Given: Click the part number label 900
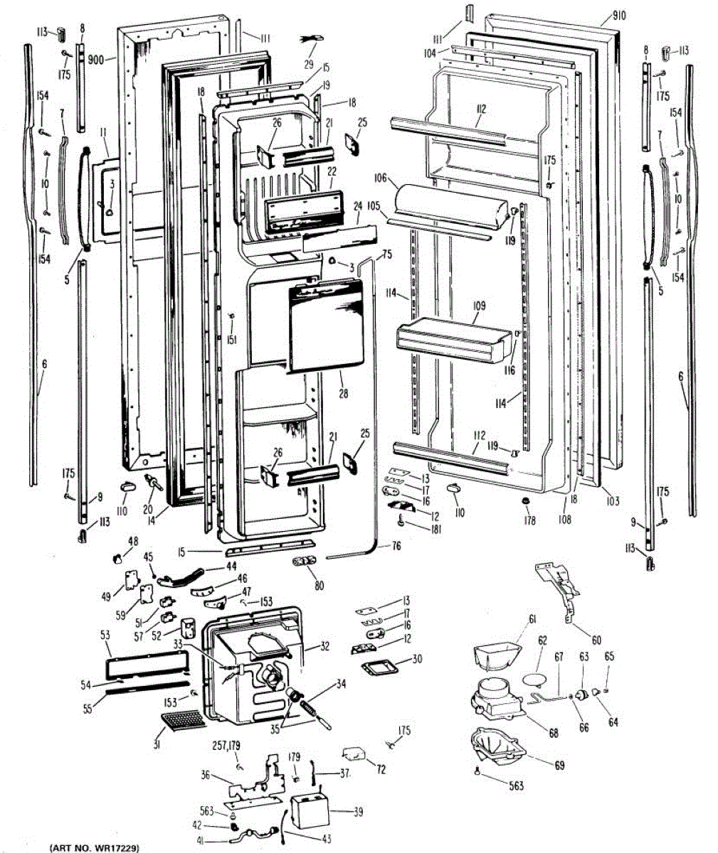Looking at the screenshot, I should tap(95, 60).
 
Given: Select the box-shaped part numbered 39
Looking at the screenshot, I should tap(307, 810).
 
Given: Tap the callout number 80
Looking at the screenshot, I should tap(319, 586).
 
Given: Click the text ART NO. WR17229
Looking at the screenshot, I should tap(95, 848).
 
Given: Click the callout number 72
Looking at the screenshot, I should tap(381, 770).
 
